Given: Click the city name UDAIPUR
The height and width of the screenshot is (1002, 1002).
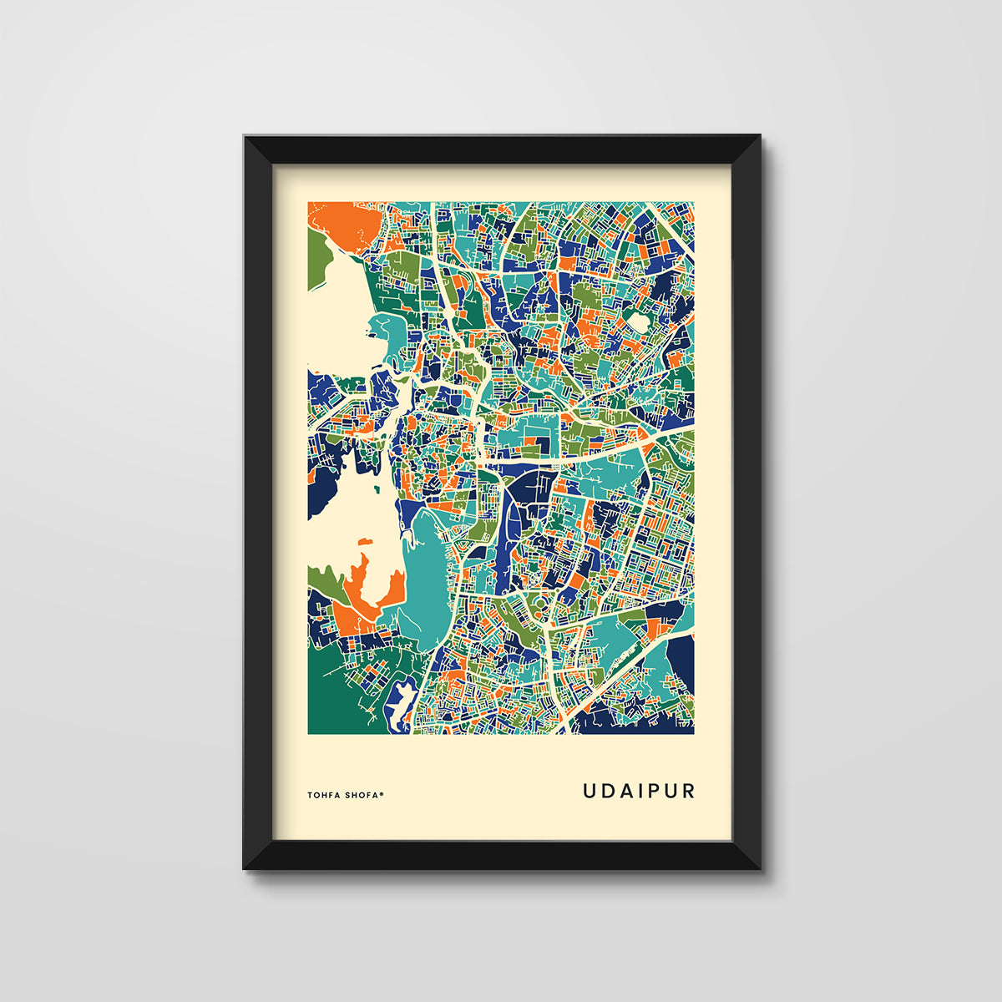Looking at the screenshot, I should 639,791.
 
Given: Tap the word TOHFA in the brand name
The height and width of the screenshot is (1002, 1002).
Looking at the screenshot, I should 325,795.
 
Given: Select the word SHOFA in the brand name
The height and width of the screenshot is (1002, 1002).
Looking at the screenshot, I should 362,795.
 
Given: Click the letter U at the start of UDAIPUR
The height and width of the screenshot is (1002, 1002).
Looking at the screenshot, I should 590,791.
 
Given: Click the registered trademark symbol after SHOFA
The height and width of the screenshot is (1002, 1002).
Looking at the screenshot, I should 382,793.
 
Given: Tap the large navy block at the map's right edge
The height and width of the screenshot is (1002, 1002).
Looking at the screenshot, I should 681,664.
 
